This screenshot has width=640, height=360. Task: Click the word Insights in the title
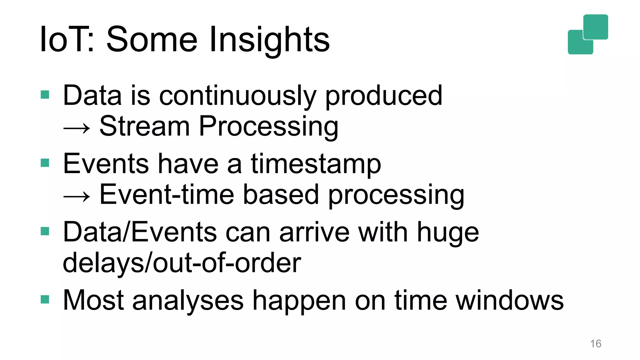click(x=269, y=40)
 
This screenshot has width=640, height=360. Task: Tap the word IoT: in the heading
click(x=67, y=40)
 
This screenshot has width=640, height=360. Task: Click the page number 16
click(x=595, y=344)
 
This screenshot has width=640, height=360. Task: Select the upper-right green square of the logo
click(x=596, y=27)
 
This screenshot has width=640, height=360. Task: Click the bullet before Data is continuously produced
click(x=45, y=94)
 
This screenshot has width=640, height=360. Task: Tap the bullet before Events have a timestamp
click(x=45, y=163)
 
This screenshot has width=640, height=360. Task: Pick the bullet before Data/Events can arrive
click(x=45, y=231)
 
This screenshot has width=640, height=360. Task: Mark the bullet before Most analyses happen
click(x=45, y=299)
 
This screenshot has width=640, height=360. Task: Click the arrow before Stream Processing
click(x=77, y=128)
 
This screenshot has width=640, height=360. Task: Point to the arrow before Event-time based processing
click(x=77, y=196)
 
